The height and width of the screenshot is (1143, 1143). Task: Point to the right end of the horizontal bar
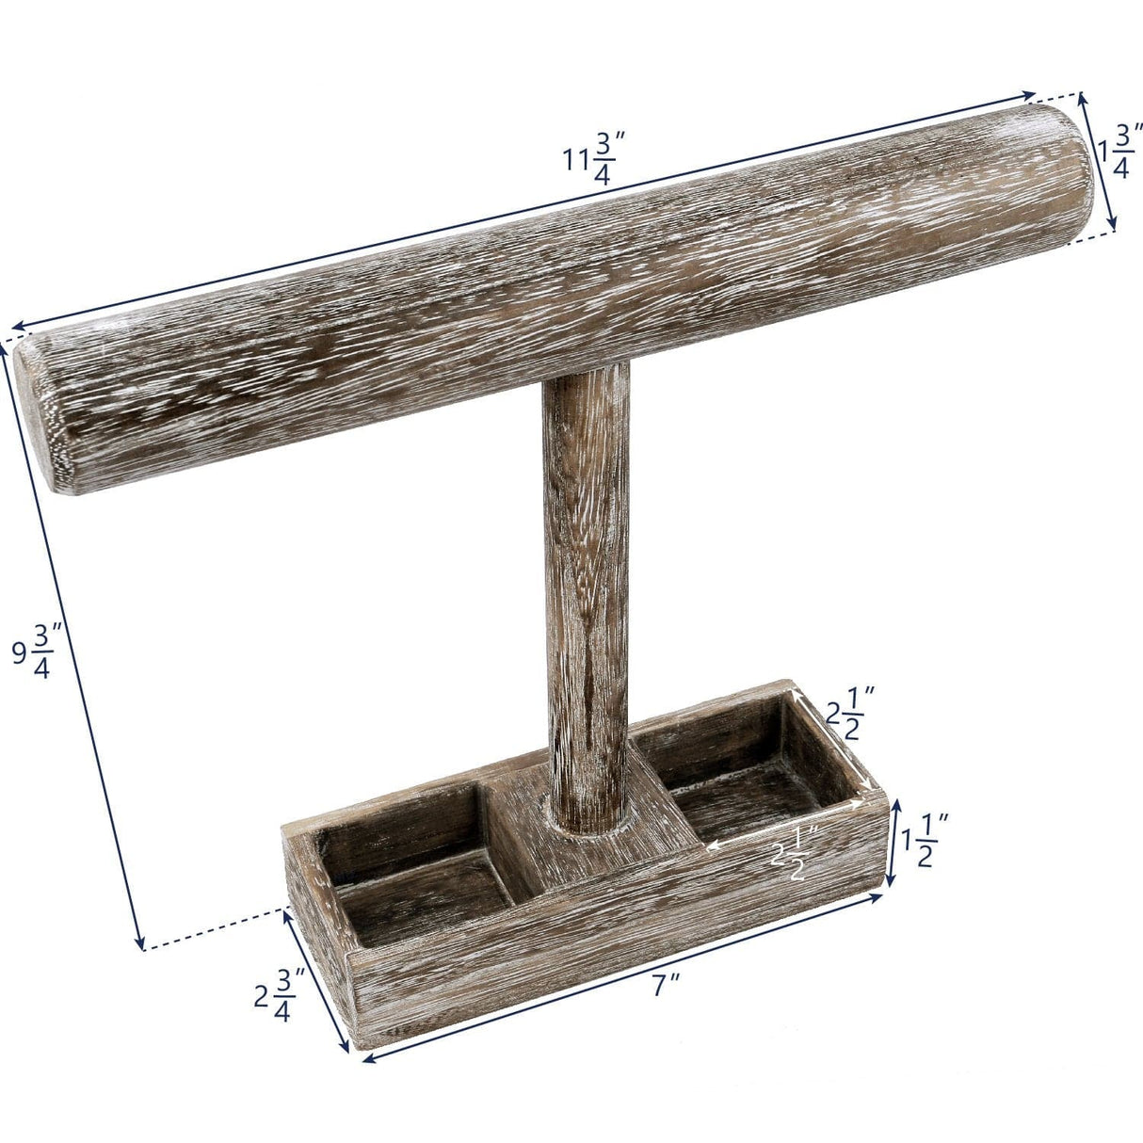[1064, 169]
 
